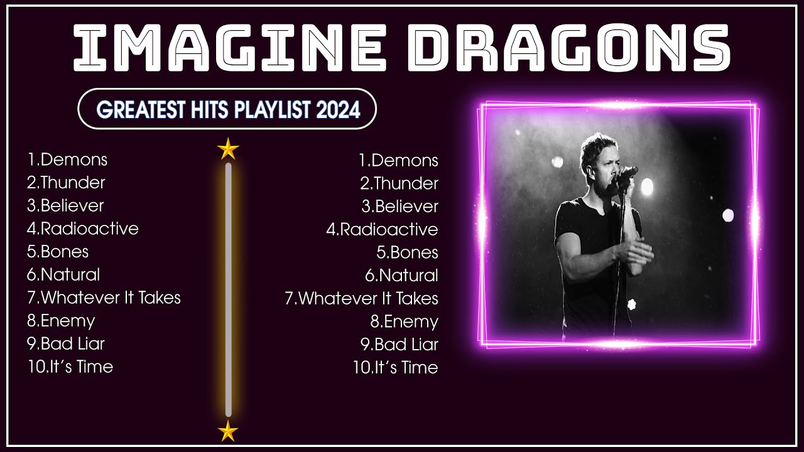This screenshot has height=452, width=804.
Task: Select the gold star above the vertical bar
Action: coord(228,149)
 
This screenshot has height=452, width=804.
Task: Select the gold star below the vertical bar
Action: coord(228,431)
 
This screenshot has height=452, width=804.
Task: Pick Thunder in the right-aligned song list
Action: coord(406,183)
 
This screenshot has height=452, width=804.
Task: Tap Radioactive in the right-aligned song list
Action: coord(389,229)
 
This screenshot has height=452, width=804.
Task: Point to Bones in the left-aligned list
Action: coord(64,252)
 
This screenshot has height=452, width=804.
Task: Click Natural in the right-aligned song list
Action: coord(408,276)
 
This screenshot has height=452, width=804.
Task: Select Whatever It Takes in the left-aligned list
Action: coord(111,298)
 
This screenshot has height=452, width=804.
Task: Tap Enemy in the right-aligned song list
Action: coord(411,321)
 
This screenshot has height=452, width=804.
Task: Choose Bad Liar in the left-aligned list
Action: coord(72,344)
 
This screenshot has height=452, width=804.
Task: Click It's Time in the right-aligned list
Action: coord(406,367)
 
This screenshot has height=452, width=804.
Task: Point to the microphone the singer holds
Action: coord(626,173)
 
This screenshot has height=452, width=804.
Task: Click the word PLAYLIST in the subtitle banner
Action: coord(273,110)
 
